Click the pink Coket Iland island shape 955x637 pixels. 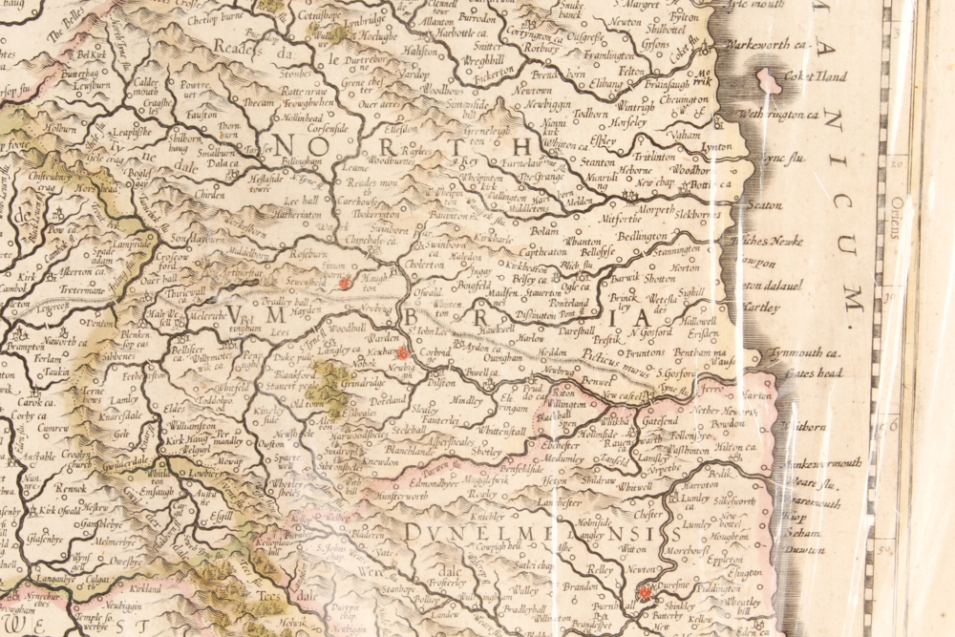click(768, 80)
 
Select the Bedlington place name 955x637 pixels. click(642, 235)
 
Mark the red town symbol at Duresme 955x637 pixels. click(645, 592)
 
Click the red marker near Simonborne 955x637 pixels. click(345, 283)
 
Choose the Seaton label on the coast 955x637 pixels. click(765, 204)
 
